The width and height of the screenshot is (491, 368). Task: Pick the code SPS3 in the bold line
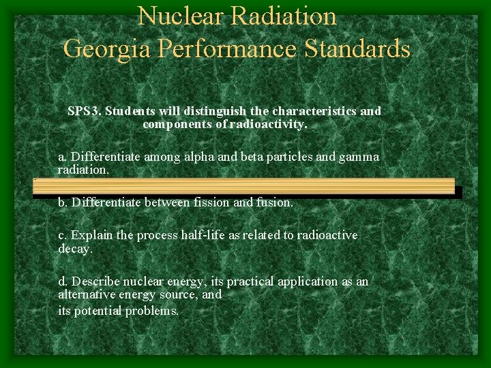pos(83,110)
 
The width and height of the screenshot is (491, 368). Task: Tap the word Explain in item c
pos(93,235)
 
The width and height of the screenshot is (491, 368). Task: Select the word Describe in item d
pos(96,281)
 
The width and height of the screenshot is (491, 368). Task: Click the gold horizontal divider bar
pos(243,187)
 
